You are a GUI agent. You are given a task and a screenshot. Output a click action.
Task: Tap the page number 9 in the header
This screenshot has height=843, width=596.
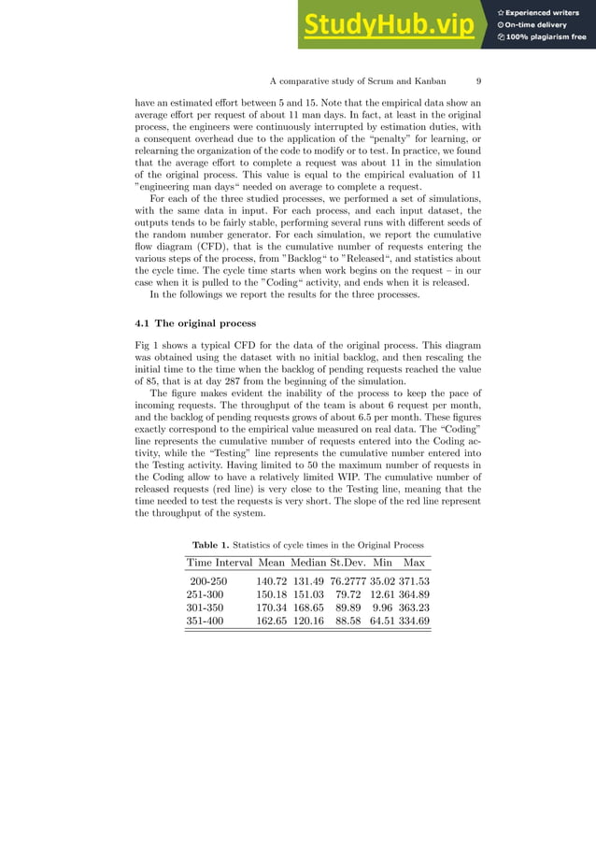tap(477, 80)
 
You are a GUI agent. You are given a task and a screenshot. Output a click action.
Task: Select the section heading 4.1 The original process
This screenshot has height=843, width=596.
tap(194, 323)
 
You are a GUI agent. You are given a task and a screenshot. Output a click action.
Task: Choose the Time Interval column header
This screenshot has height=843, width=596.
tap(220, 563)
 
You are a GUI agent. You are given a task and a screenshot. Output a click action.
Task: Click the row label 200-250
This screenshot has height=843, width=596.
tap(208, 581)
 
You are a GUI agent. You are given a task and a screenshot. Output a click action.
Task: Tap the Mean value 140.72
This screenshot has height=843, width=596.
tap(272, 581)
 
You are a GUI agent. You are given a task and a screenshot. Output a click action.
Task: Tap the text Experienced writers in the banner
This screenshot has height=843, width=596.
tap(546, 12)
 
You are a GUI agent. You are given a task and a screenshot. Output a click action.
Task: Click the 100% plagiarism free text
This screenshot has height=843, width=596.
tap(546, 37)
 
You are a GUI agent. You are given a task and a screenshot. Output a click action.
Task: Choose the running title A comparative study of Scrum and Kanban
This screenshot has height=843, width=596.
tap(357, 80)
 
